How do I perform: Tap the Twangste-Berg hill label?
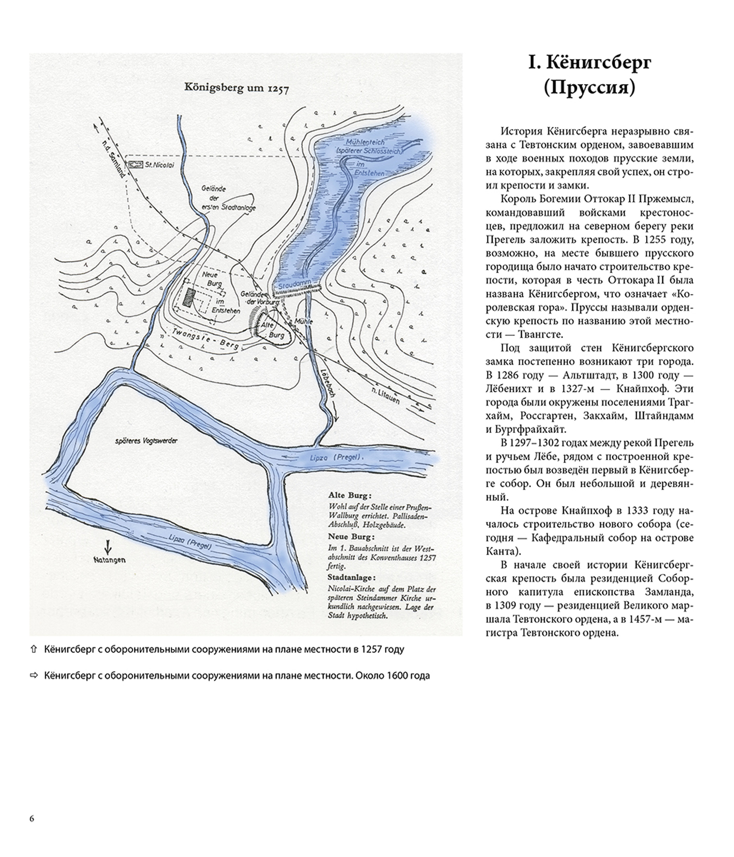tap(205, 337)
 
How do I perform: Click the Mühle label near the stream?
tap(303, 321)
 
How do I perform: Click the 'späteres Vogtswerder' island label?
tap(146, 441)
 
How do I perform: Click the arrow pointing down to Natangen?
tap(108, 547)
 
